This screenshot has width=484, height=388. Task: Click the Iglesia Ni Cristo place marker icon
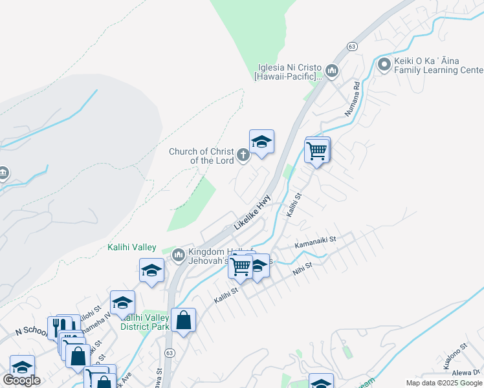point(332,70)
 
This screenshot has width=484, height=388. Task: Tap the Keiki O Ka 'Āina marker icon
point(384,65)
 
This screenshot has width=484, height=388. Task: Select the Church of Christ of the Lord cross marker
point(243,154)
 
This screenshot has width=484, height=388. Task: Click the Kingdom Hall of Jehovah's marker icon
point(179,257)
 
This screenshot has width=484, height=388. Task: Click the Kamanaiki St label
point(316,241)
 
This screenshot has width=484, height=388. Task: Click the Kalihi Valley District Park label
point(145,321)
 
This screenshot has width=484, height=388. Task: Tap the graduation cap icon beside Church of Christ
point(261,142)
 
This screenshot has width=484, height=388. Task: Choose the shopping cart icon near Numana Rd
point(316,151)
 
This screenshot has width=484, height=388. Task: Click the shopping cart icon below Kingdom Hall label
point(241,266)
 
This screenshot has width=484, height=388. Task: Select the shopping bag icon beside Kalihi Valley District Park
point(184,320)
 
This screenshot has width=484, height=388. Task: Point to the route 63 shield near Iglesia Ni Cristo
point(351,47)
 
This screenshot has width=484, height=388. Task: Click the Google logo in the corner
point(21,380)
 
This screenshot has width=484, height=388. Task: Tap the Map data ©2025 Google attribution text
point(443,383)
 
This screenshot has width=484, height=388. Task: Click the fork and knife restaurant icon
point(57,327)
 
